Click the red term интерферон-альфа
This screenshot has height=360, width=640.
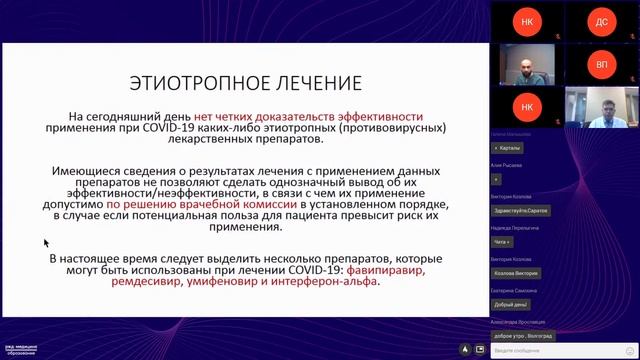(x=328, y=282)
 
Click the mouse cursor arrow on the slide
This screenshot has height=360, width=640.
(x=46, y=242)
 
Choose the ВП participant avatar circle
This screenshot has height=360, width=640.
(x=601, y=63)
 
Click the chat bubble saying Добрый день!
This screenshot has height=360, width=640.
(x=510, y=304)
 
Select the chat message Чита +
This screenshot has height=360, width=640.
(x=502, y=242)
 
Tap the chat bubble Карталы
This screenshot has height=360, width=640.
(x=507, y=148)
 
